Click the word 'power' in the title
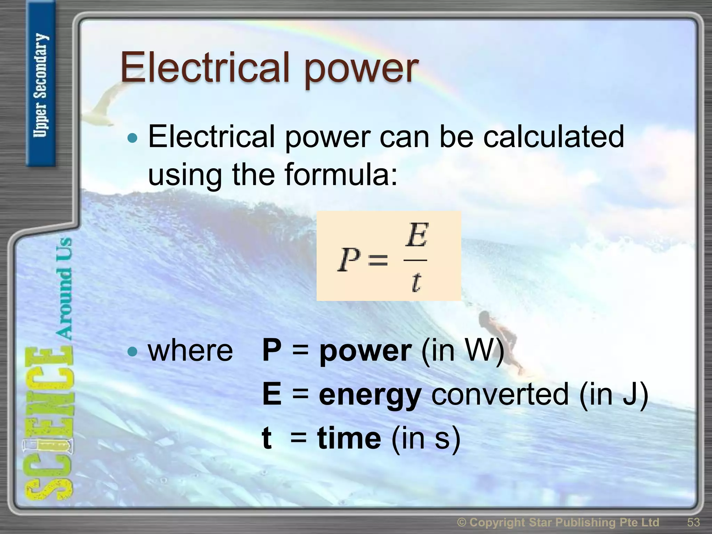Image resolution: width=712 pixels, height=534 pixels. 362,70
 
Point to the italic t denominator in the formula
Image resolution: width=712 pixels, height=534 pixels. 416,282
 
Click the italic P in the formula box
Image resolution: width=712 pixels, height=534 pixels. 349,260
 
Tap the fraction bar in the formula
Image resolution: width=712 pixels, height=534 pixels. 415,260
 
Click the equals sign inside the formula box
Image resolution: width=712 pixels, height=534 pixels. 378,260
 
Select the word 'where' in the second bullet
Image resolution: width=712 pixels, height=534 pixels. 191,351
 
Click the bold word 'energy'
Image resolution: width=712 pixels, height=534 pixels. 370,395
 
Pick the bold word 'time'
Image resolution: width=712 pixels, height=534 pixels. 349,438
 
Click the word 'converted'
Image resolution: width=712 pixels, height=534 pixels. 500,394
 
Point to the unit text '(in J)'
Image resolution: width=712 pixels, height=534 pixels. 614,394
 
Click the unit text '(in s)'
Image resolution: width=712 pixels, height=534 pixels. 426,438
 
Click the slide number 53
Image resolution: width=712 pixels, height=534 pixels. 693,522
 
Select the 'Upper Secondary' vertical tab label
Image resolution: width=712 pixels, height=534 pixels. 41,85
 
